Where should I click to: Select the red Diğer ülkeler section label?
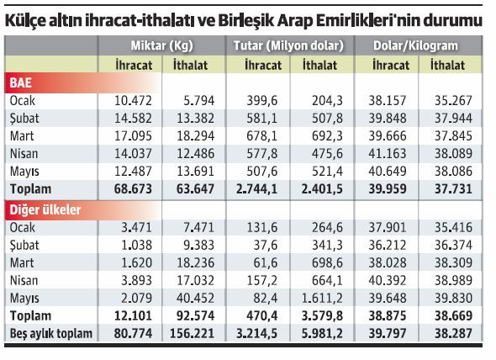[x=41, y=209]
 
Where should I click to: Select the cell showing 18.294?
[x=197, y=135]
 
